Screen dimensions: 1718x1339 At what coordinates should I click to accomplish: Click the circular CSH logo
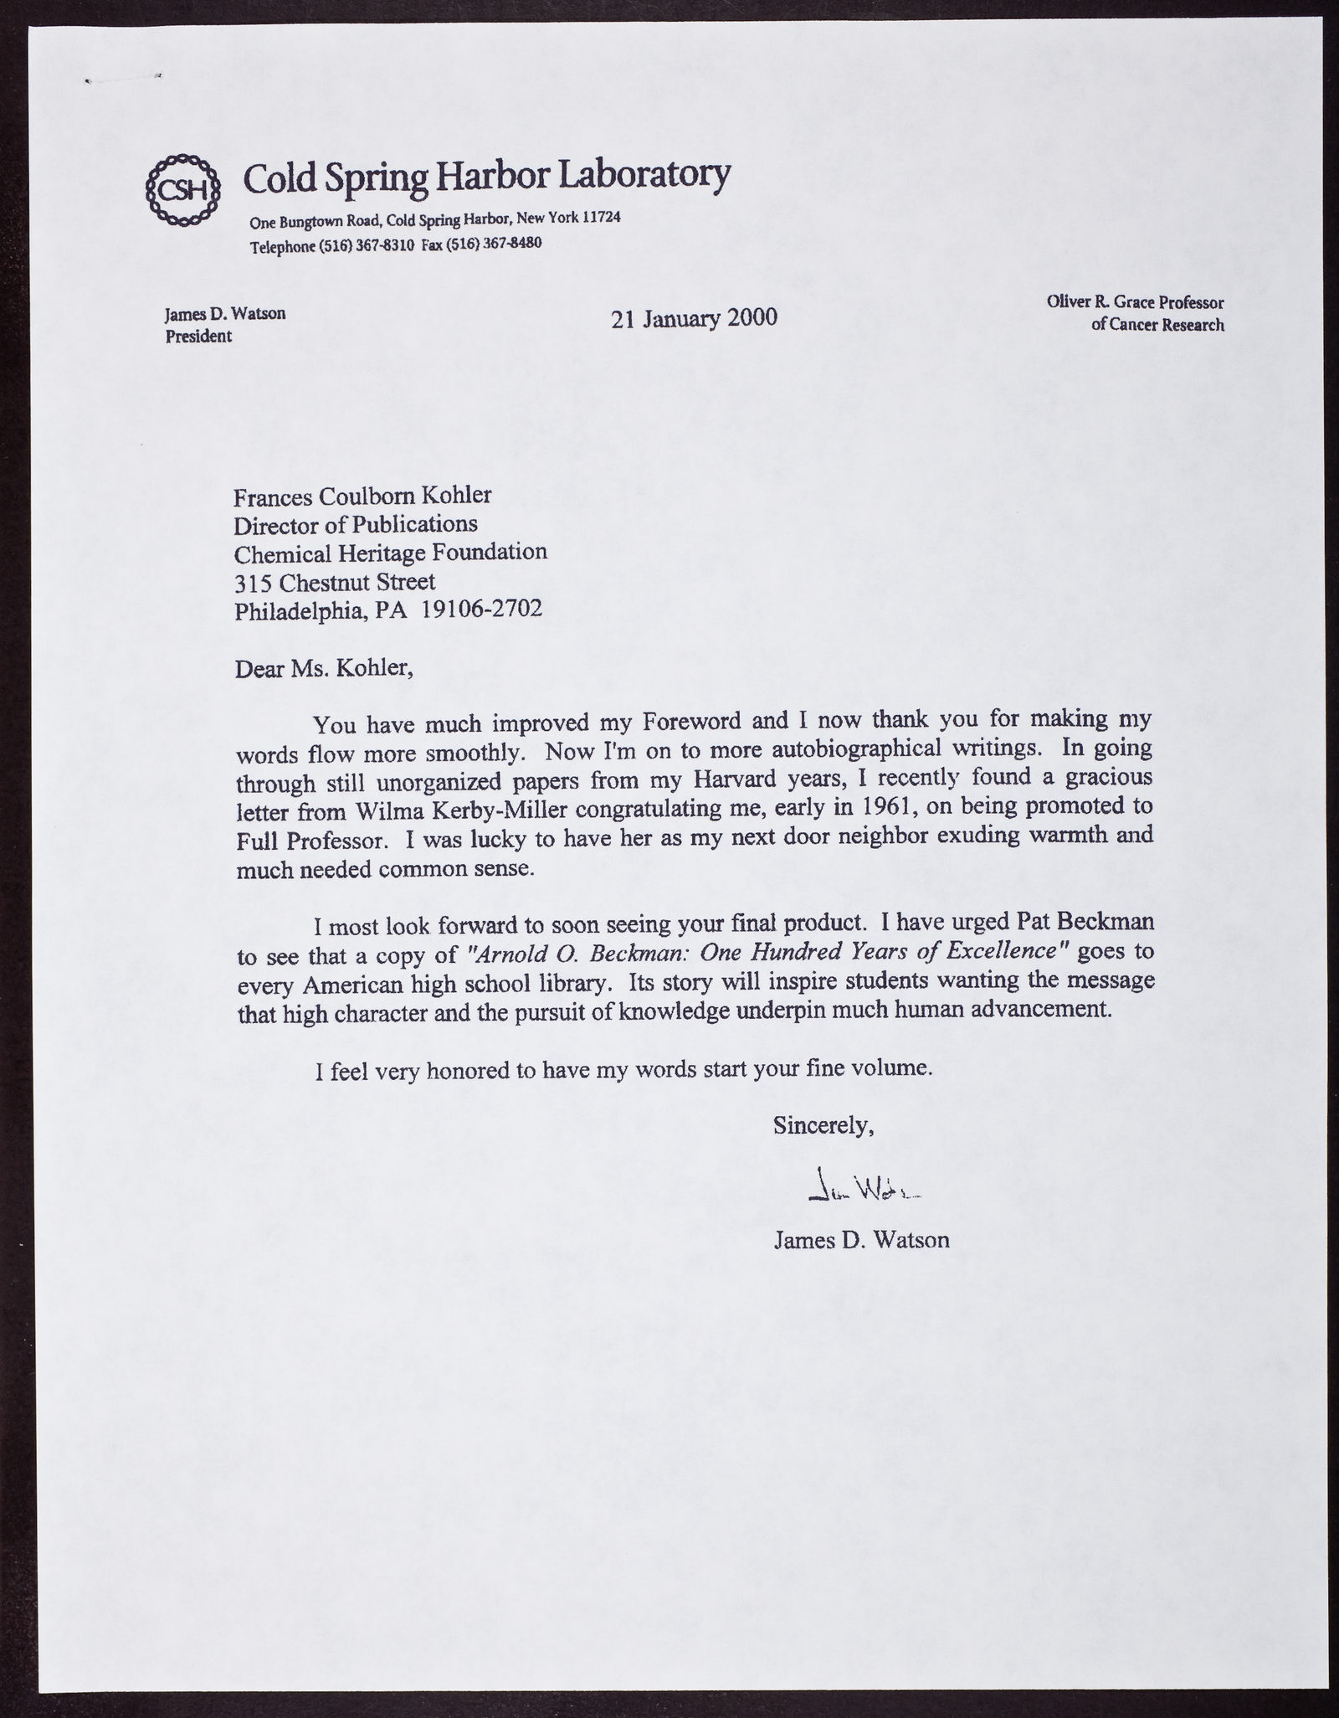182,189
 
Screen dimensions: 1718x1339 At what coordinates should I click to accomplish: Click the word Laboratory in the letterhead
644,174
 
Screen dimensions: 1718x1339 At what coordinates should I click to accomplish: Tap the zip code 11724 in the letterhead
601,218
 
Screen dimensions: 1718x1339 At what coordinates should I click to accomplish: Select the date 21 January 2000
694,318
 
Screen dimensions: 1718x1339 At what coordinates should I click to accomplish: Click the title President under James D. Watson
198,337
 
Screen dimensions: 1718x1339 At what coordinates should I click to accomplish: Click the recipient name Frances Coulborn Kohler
362,496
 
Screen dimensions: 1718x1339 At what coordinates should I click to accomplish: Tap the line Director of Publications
356,525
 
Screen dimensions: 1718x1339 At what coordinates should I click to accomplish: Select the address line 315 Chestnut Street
334,581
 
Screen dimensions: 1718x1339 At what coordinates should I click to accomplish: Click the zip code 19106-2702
481,609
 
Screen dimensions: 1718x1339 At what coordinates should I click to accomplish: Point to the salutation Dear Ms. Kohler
324,669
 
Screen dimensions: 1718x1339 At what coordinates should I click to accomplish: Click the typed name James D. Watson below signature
861,1240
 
